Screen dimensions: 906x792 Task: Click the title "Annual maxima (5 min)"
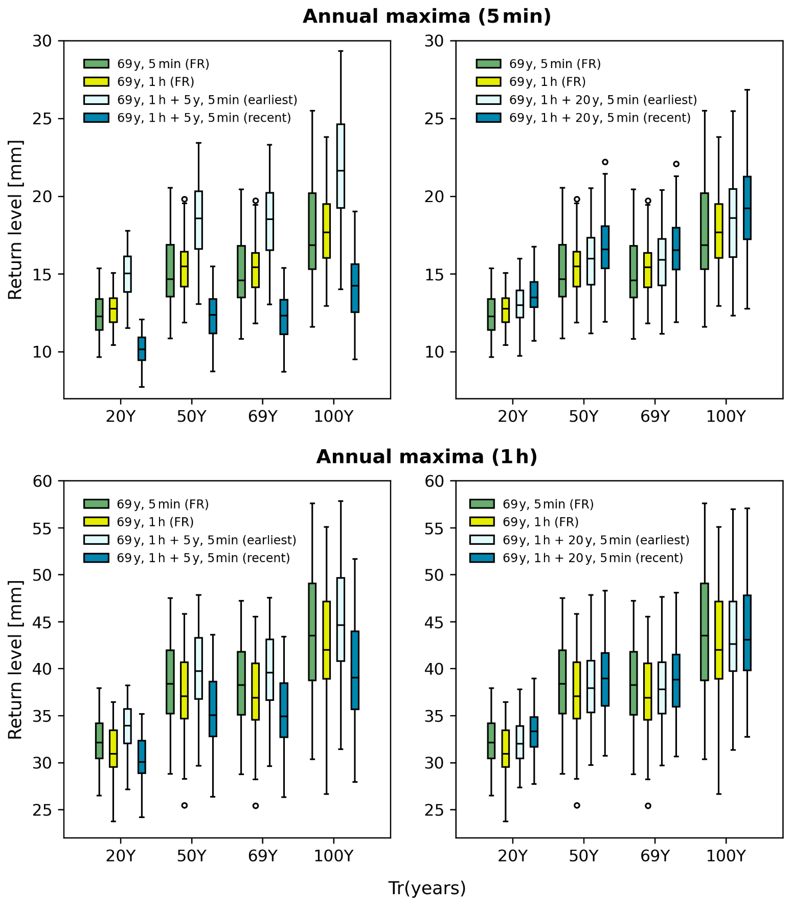[x=426, y=17]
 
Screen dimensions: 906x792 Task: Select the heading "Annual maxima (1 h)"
[x=426, y=457]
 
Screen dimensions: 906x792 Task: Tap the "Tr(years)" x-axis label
[x=427, y=888]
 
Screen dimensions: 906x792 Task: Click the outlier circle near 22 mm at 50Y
[x=605, y=162]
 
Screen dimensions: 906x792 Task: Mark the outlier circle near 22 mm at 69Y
[x=676, y=164]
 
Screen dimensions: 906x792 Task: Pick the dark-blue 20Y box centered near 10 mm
[x=142, y=348]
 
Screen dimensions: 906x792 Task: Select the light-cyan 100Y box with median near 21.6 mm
[x=341, y=166]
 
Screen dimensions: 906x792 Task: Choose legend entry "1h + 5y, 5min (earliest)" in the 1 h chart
[x=207, y=540]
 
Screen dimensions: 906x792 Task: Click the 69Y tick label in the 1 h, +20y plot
[x=654, y=856]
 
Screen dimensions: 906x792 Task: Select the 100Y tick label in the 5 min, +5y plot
[x=333, y=416]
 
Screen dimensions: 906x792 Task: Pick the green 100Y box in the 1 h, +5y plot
[x=312, y=631]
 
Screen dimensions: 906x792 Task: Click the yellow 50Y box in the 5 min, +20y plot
[x=577, y=269]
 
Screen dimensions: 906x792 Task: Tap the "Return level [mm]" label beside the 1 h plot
[x=15, y=659]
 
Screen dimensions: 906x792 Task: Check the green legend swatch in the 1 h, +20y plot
[x=482, y=504]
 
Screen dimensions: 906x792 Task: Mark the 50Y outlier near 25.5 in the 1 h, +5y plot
[x=185, y=805]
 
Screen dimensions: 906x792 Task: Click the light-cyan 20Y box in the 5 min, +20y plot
[x=519, y=304]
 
